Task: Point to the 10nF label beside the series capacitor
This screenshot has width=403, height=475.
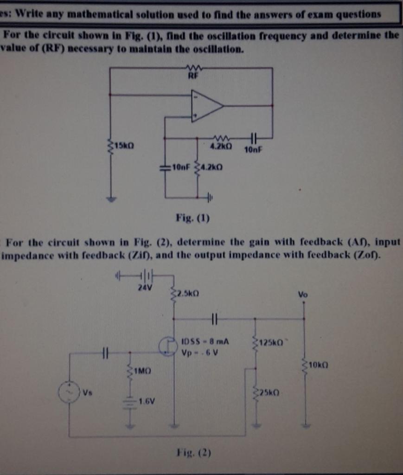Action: [253, 149]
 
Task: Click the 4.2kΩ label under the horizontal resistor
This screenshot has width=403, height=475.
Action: [220, 146]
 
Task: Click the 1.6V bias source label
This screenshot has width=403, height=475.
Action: [147, 400]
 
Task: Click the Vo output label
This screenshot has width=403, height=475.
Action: [303, 294]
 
